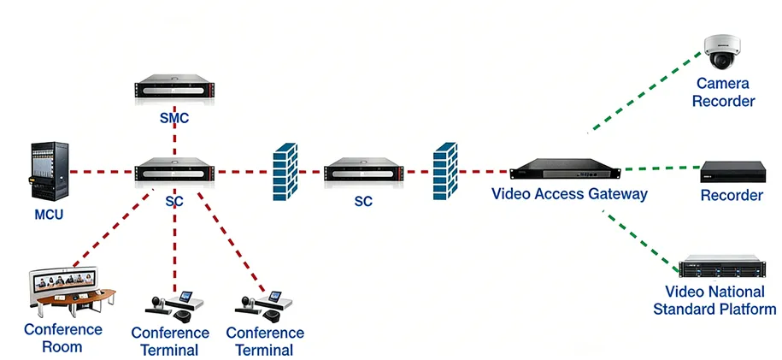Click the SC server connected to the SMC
click(173, 170)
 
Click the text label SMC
click(173, 118)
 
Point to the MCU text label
click(48, 214)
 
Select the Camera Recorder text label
click(723, 92)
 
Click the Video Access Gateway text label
click(569, 194)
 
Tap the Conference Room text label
click(62, 338)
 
